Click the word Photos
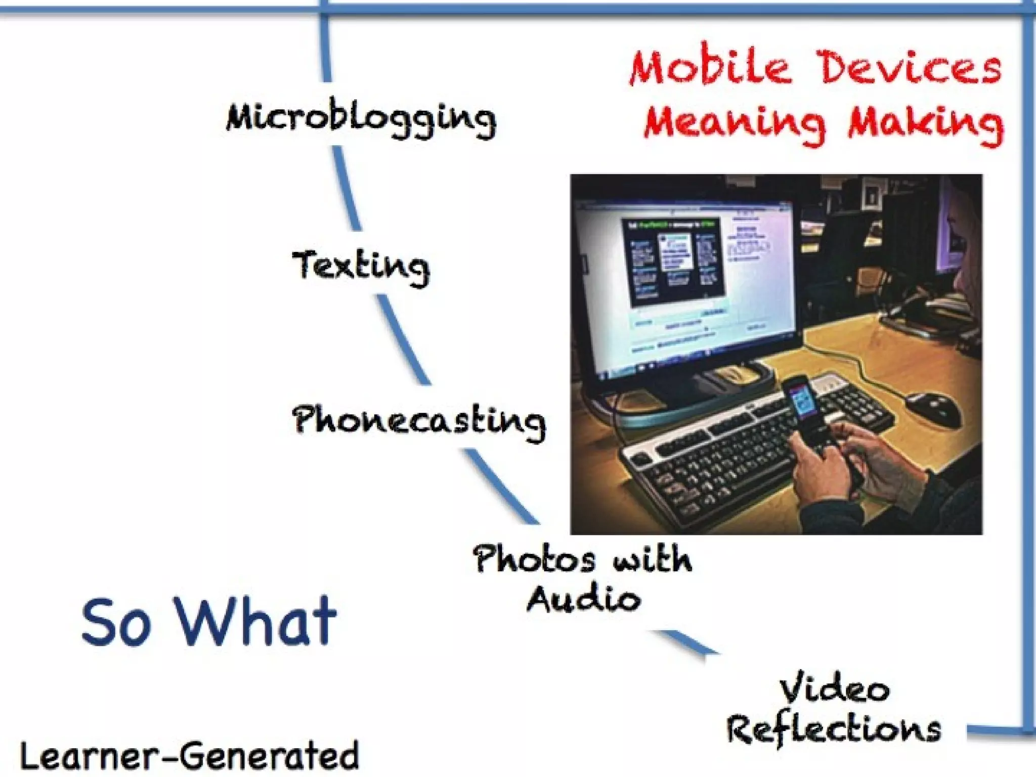(534, 559)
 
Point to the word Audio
(584, 599)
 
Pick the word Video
(834, 689)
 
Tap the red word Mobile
(710, 67)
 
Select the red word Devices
(910, 67)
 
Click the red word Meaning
(734, 123)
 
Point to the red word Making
(926, 123)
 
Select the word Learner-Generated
(190, 756)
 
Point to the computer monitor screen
(683, 283)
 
